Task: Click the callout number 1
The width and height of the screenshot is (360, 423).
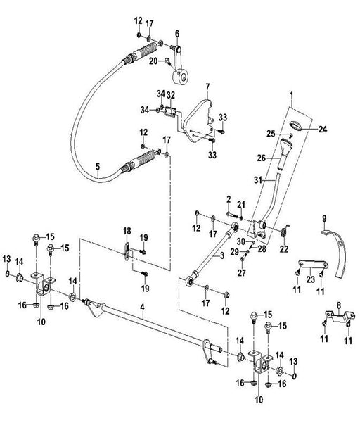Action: (291, 95)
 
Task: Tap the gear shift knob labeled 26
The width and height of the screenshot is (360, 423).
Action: (284, 154)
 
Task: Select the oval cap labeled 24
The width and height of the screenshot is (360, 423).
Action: (296, 126)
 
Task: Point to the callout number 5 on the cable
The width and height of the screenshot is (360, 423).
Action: (98, 166)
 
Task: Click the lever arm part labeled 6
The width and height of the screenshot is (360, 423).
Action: (180, 65)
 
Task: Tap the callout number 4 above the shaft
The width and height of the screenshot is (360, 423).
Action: (142, 307)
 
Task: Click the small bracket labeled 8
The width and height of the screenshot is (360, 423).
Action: (339, 315)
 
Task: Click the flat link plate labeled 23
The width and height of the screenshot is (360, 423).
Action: (313, 263)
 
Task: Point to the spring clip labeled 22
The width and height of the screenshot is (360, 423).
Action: (284, 232)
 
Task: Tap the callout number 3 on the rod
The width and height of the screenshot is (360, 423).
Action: (222, 255)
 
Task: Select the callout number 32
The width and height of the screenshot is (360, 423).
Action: (171, 95)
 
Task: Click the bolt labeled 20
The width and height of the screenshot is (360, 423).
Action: (167, 62)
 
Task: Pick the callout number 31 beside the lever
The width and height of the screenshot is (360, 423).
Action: (258, 179)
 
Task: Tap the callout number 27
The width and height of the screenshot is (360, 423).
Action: (242, 273)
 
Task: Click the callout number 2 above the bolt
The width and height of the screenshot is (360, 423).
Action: (229, 200)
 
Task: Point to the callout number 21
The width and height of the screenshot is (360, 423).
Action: (241, 205)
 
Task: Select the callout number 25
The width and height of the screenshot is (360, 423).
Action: (271, 133)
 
